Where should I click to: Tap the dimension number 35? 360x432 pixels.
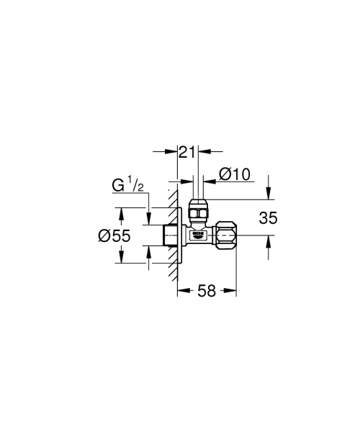pyautogui.click(x=268, y=218)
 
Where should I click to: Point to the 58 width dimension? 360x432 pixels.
pyautogui.click(x=207, y=291)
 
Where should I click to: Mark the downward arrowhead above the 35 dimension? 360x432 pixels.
pyautogui.click(x=268, y=194)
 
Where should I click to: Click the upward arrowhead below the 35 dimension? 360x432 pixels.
pyautogui.click(x=268, y=239)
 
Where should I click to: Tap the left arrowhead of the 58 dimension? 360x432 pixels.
pyautogui.click(x=182, y=291)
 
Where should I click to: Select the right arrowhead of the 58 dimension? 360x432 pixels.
pyautogui.click(x=233, y=291)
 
